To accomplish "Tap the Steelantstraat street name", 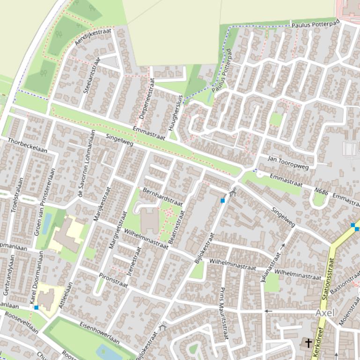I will [92, 75].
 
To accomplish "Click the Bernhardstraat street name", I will [162, 197].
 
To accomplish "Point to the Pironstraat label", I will [113, 281].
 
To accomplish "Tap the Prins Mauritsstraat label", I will [223, 313].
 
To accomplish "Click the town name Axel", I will [325, 313].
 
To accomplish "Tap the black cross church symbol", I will [309, 343].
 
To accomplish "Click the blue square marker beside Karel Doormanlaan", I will [37, 307].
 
